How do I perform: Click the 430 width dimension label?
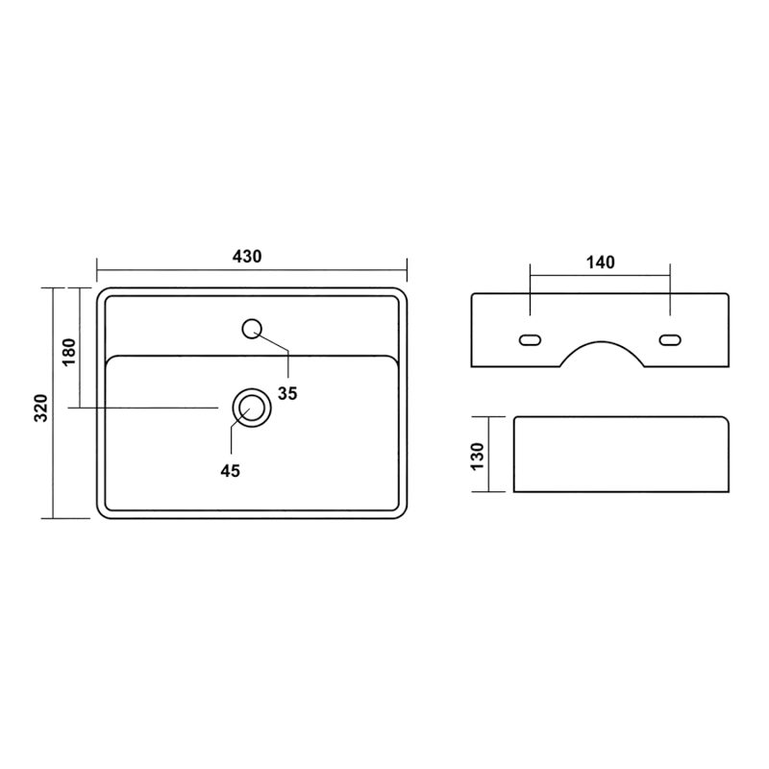pos(247,257)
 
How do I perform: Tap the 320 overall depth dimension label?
pos(41,408)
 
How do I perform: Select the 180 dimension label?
pos(69,351)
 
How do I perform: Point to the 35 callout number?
pos(287,393)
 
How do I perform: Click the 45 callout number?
pos(230,471)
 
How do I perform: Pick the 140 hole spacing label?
pos(600,262)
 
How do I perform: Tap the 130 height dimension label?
pos(477,457)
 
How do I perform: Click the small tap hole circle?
pos(252,329)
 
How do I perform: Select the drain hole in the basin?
pos(252,408)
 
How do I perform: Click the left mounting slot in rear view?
pos(530,340)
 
